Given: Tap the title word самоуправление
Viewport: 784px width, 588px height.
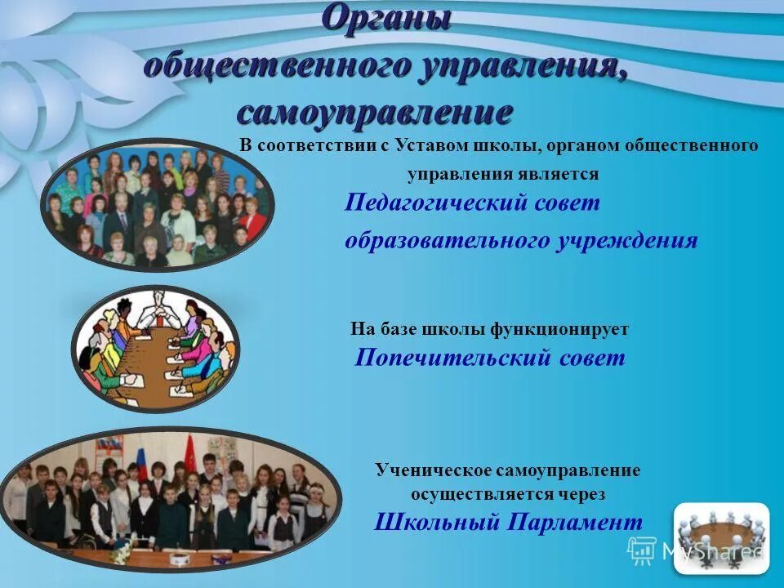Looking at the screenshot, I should pos(375,112).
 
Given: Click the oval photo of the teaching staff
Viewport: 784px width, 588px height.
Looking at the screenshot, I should pos(158,204).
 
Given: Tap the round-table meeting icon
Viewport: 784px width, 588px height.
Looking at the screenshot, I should pos(721,533).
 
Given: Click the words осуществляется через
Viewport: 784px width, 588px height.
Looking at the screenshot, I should pos(508,494).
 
